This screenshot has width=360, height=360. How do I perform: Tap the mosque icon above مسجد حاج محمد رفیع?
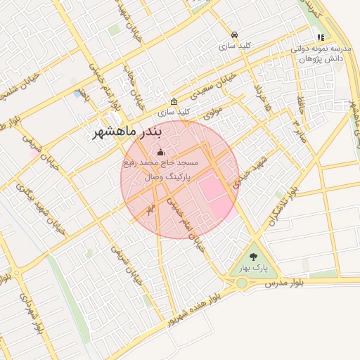click(x=160, y=152)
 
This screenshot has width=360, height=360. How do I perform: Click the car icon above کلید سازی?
click(x=234, y=34)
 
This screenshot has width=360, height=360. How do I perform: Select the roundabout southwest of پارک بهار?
click(x=242, y=283)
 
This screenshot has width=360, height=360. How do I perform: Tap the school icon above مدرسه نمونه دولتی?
click(x=321, y=37)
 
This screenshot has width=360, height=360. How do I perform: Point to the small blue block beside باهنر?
click(x=77, y=93)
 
